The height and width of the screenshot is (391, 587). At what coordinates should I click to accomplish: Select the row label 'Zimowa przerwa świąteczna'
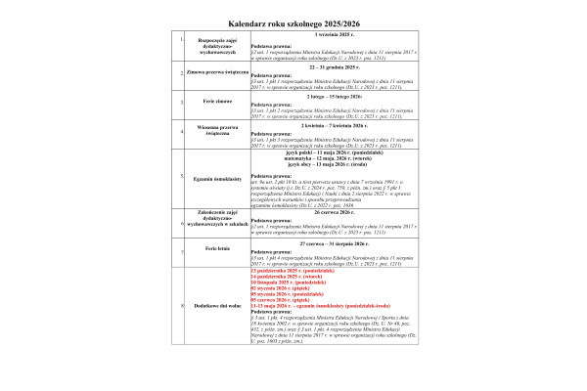click(x=214, y=71)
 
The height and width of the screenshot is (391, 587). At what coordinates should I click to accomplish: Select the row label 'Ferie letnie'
click(x=214, y=251)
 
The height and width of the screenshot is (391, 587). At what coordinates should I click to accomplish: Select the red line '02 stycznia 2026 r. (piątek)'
click(x=279, y=287)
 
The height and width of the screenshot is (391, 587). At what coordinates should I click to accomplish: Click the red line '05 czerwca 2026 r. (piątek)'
click(x=279, y=299)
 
